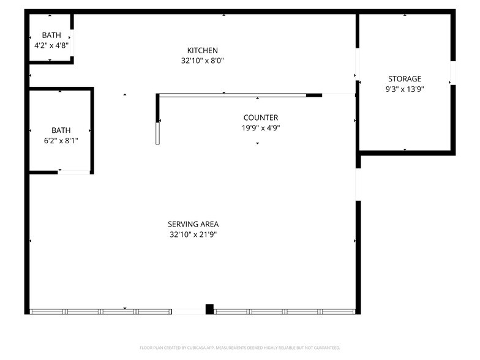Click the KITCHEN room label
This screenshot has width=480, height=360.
[203, 50]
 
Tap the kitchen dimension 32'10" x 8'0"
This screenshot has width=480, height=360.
[203, 61]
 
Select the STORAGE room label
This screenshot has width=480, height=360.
[405, 78]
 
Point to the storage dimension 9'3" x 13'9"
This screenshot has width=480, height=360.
[405, 89]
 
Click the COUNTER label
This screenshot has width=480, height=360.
[260, 118]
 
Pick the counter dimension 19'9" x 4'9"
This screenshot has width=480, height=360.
[260, 128]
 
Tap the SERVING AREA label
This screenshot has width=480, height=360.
[193, 224]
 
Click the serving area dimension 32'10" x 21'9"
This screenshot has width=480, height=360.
[193, 234]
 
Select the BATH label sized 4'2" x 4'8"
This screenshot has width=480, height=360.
[51, 35]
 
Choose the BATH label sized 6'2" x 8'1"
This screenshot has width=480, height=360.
[61, 130]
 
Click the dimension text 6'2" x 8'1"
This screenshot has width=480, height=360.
[61, 140]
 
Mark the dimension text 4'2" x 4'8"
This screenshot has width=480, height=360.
[51, 45]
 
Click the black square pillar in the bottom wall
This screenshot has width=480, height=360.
[209, 309]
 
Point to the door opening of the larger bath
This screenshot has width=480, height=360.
[74, 173]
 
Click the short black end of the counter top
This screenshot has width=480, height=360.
[314, 95]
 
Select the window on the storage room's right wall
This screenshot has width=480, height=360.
[453, 73]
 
